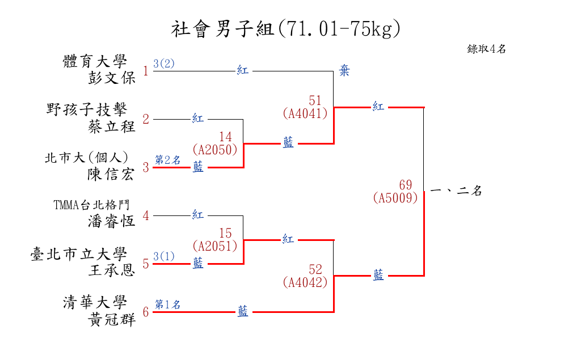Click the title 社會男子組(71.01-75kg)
285,29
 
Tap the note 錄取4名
486,49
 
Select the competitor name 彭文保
112,78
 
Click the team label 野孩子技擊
87,109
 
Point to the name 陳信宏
112,174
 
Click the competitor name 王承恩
112,270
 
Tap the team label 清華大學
95,303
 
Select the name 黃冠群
112,319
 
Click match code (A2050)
215,150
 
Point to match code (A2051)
215,246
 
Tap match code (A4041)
305,113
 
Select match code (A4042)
305,282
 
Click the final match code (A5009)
396,198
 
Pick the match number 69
405,185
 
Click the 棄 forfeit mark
344,71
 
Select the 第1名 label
167,304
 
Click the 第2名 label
167,160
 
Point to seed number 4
146,215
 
